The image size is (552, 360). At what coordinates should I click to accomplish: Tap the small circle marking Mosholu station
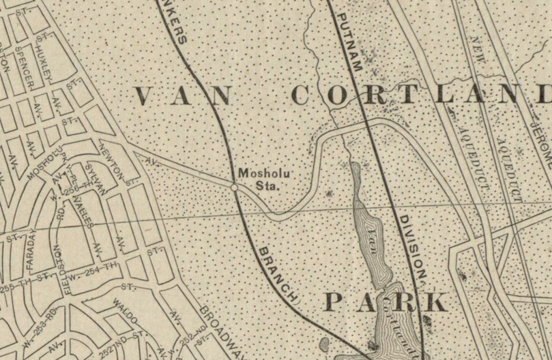click(x=234, y=186)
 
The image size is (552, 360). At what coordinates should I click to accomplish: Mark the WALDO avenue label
click(x=129, y=310)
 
